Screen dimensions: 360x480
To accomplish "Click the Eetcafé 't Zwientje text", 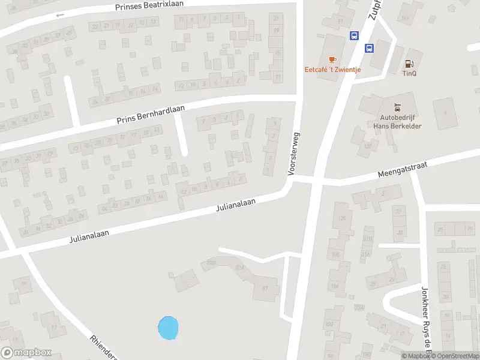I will pos(332,70).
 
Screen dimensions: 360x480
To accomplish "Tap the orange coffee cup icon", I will pos(332,59).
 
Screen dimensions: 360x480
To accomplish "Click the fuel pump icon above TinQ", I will pos(410,64).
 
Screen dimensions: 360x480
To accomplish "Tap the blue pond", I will pos(168,328).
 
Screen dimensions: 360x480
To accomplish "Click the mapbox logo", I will pos(26,353).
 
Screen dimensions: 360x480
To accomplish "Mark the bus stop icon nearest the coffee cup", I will pos(355,35).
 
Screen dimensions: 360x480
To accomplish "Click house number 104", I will pos(334,286).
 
